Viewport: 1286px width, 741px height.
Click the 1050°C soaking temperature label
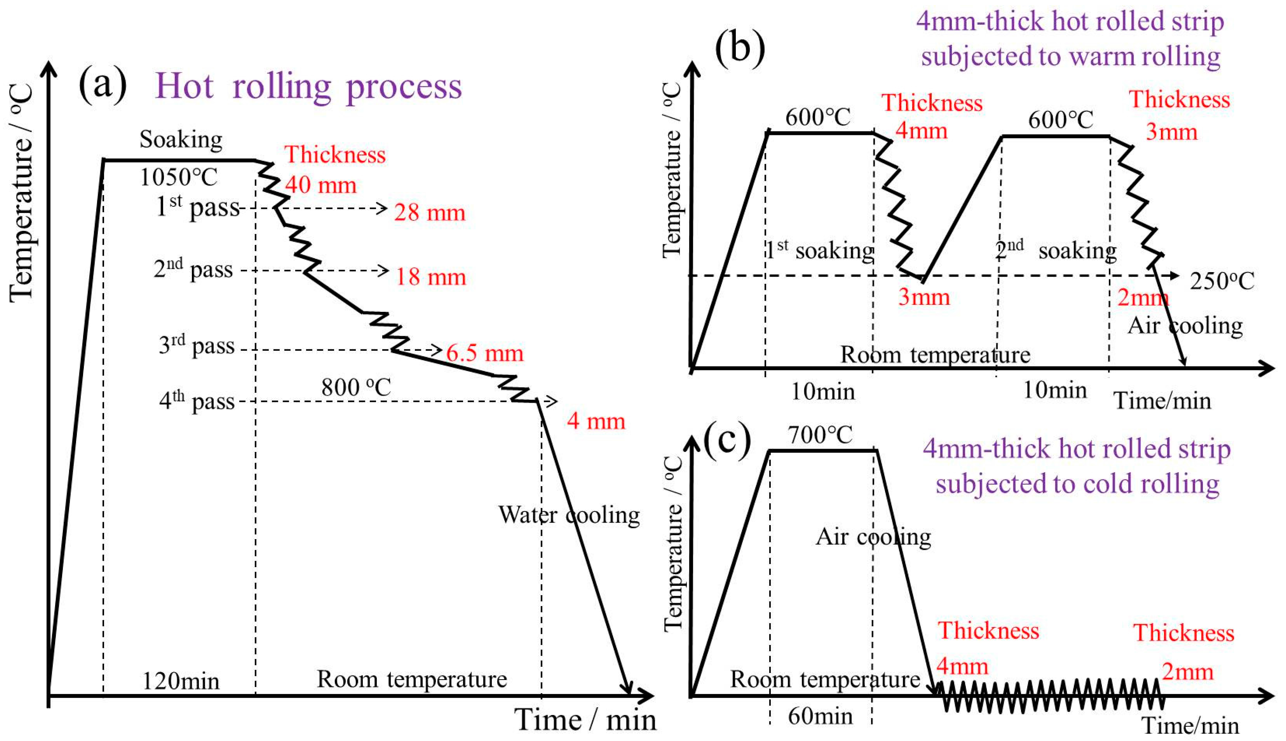[179, 178]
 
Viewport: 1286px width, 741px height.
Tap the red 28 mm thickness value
[430, 213]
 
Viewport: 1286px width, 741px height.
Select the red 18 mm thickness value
[431, 277]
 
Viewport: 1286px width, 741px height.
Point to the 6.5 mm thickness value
[485, 353]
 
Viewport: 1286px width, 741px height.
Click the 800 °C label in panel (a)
[356, 388]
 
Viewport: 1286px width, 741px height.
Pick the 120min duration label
[181, 681]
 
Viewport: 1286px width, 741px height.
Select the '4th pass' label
[197, 401]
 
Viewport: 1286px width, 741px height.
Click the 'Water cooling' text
[569, 515]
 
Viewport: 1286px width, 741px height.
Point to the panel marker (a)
[102, 84]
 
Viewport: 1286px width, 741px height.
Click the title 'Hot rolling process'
[308, 86]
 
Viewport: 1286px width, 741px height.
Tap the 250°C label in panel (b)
[1222, 281]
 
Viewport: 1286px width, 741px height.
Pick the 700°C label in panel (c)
[820, 435]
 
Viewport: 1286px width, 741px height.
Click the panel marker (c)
[727, 440]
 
